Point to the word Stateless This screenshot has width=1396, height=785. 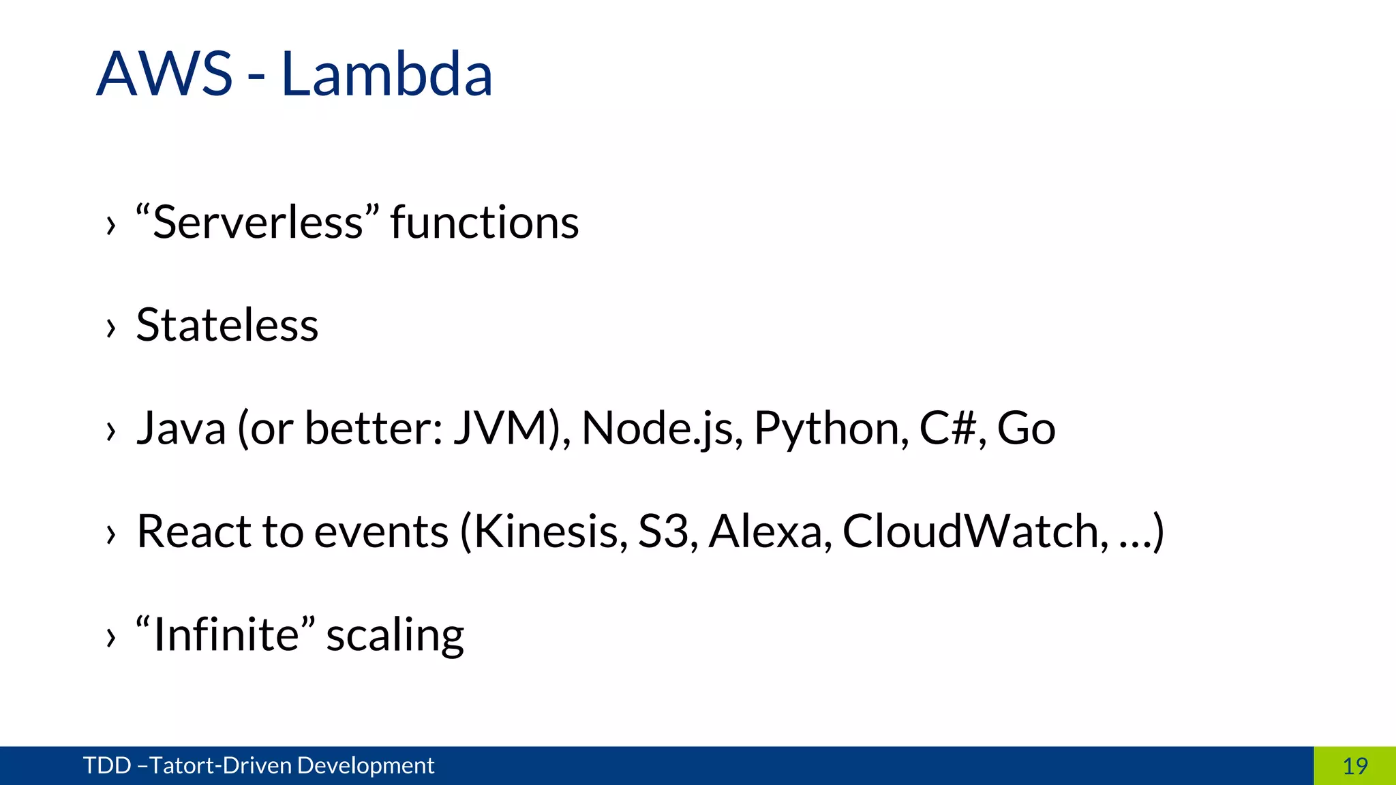coord(227,325)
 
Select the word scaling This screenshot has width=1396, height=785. coord(395,636)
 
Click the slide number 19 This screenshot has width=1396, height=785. coord(1355,766)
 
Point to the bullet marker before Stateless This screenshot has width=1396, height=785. coord(111,328)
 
